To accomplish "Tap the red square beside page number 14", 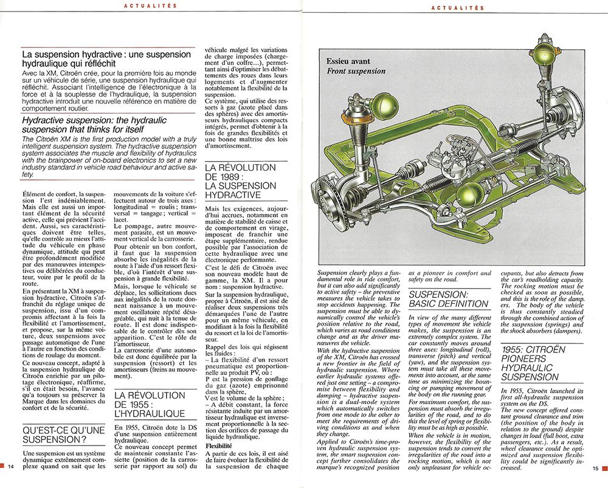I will coord(3,467).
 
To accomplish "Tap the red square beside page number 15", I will coord(604,467).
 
